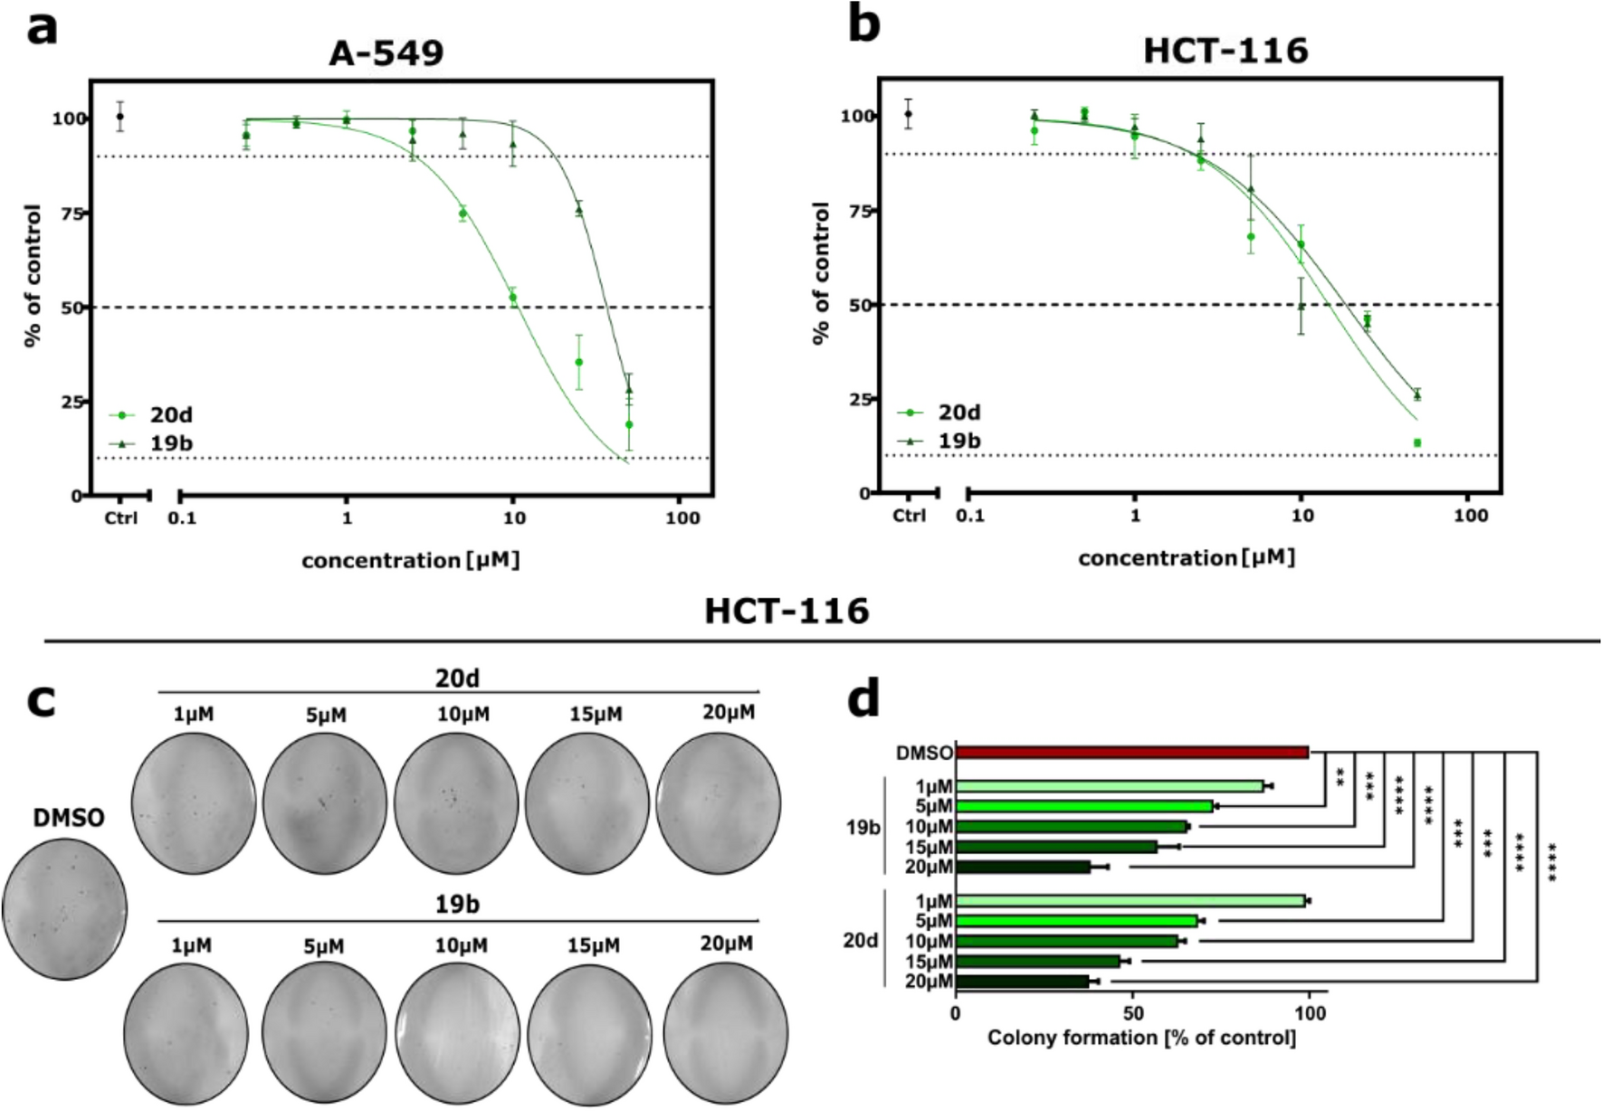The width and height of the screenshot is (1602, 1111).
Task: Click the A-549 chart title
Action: pos(386,53)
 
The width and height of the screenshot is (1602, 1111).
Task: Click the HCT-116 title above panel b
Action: pos(1225,51)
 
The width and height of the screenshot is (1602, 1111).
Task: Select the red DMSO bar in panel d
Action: pos(1131,753)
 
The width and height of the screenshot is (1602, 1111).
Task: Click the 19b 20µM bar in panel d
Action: pos(1023,867)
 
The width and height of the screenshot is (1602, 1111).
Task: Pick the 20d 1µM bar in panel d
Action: pos(1130,901)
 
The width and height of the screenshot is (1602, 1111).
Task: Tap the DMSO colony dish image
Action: pos(65,908)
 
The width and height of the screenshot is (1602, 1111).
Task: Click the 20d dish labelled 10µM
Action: pos(456,803)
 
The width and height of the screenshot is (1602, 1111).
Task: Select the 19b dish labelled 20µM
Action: pos(725,1033)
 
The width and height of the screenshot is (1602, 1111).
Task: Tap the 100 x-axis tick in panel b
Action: pos(1470,515)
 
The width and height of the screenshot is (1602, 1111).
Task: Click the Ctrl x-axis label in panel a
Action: pos(121,518)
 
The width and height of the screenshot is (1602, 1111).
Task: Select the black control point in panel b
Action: pos(908,113)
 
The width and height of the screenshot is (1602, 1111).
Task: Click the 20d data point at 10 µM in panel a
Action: pos(512,298)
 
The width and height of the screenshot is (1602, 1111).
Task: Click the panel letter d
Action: pos(863,698)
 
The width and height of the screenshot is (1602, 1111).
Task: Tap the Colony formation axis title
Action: pos(1140,1037)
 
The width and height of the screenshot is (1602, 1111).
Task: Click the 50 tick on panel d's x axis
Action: pos(1132,1013)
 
